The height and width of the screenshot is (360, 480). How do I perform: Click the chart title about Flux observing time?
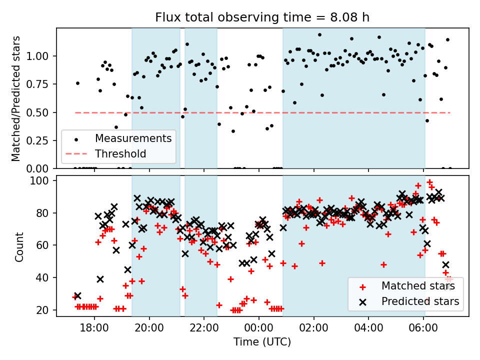(262, 18)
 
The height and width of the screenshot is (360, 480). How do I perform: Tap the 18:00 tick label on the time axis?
(94, 329)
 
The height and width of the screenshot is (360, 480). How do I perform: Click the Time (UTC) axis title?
(262, 342)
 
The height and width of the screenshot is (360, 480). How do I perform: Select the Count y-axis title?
(19, 247)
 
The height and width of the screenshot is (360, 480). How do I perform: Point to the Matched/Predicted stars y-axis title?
(16, 98)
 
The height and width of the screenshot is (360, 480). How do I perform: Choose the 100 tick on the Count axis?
(44, 180)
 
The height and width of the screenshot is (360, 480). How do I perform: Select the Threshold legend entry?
(120, 153)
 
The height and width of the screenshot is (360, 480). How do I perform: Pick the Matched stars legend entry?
(418, 286)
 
